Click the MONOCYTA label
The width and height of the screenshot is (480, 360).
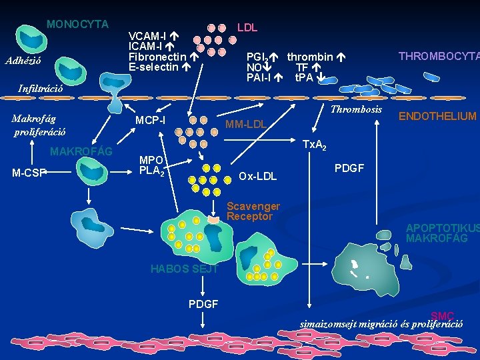77,25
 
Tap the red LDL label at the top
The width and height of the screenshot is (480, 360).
247,27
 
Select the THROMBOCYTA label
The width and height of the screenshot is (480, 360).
439,57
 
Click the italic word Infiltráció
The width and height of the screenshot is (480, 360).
41,88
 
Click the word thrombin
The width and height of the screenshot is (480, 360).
310,57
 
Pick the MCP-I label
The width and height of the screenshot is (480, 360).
150,121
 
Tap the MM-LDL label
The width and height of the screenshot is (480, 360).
246,125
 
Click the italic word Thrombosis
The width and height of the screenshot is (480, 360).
356,109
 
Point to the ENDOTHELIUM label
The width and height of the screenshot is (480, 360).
437,117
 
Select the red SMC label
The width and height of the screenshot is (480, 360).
442,315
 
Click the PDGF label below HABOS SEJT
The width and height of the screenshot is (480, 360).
203,304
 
